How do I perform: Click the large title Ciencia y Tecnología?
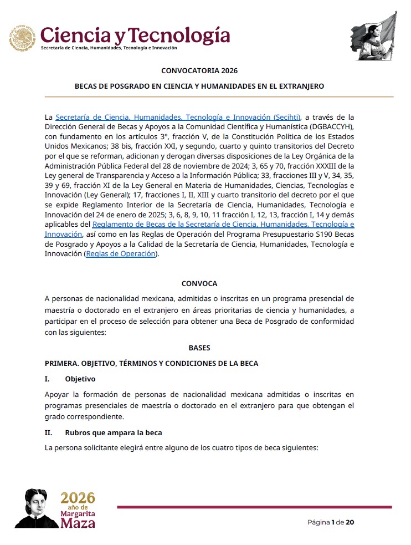pyautogui.click(x=135, y=34)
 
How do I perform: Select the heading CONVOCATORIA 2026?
pyautogui.click(x=199, y=70)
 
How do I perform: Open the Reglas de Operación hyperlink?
pyautogui.click(x=121, y=254)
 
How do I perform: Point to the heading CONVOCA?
pyautogui.click(x=199, y=283)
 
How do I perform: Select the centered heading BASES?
pyautogui.click(x=199, y=348)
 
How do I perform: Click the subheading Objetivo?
pyautogui.click(x=80, y=379)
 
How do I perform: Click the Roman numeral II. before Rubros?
pyautogui.click(x=48, y=432)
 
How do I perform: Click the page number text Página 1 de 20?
pyautogui.click(x=331, y=522)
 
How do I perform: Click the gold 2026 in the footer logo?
pyautogui.click(x=78, y=497)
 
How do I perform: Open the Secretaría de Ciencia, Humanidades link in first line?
pyautogui.click(x=178, y=117)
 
